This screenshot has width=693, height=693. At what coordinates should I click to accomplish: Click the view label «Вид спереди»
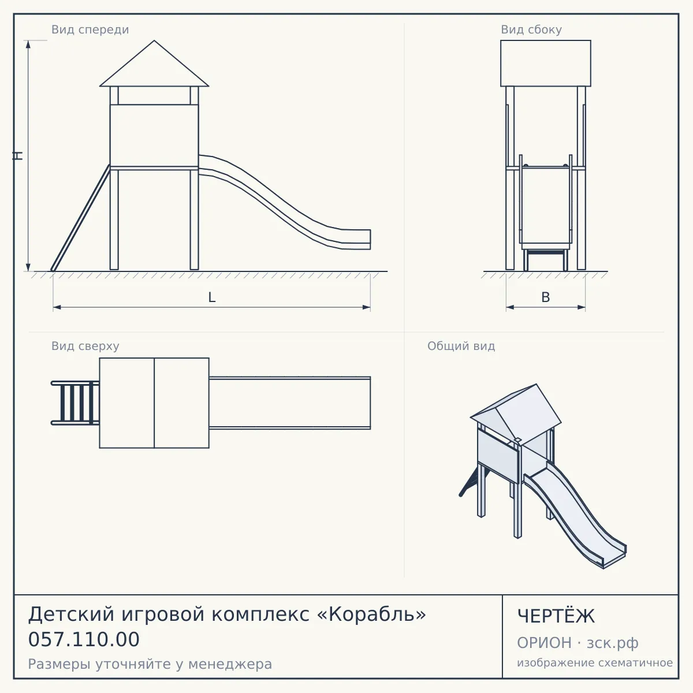coord(90,29)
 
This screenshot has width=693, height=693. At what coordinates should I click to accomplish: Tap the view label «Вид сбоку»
coord(531,29)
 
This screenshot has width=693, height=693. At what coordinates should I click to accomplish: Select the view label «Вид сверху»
coord(85,346)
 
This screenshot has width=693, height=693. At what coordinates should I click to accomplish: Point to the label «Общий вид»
coord(461,346)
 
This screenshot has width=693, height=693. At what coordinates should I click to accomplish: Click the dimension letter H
coord(18,155)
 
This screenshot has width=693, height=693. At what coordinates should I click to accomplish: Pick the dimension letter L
coord(212,297)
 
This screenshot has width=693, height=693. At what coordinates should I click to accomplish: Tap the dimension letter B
coord(546,297)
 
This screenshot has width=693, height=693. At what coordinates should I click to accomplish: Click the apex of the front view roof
coord(154,40)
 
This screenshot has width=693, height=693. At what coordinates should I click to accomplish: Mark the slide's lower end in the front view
coord(370,240)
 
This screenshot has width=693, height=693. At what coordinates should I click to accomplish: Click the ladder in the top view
coord(75,403)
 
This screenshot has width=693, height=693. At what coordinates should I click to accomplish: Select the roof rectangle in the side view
coord(546,64)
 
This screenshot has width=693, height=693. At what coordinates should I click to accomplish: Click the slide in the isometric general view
coord(575,515)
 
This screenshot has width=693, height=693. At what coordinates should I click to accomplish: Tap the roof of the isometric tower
coord(516,413)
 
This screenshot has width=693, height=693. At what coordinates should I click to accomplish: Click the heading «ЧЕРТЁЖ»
coord(556,616)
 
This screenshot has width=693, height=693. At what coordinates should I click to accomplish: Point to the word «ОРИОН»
coord(544,643)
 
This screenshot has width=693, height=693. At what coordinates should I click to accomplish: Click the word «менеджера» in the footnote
coord(230,664)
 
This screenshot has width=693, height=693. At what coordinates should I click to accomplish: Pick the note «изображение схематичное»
coord(595,662)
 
